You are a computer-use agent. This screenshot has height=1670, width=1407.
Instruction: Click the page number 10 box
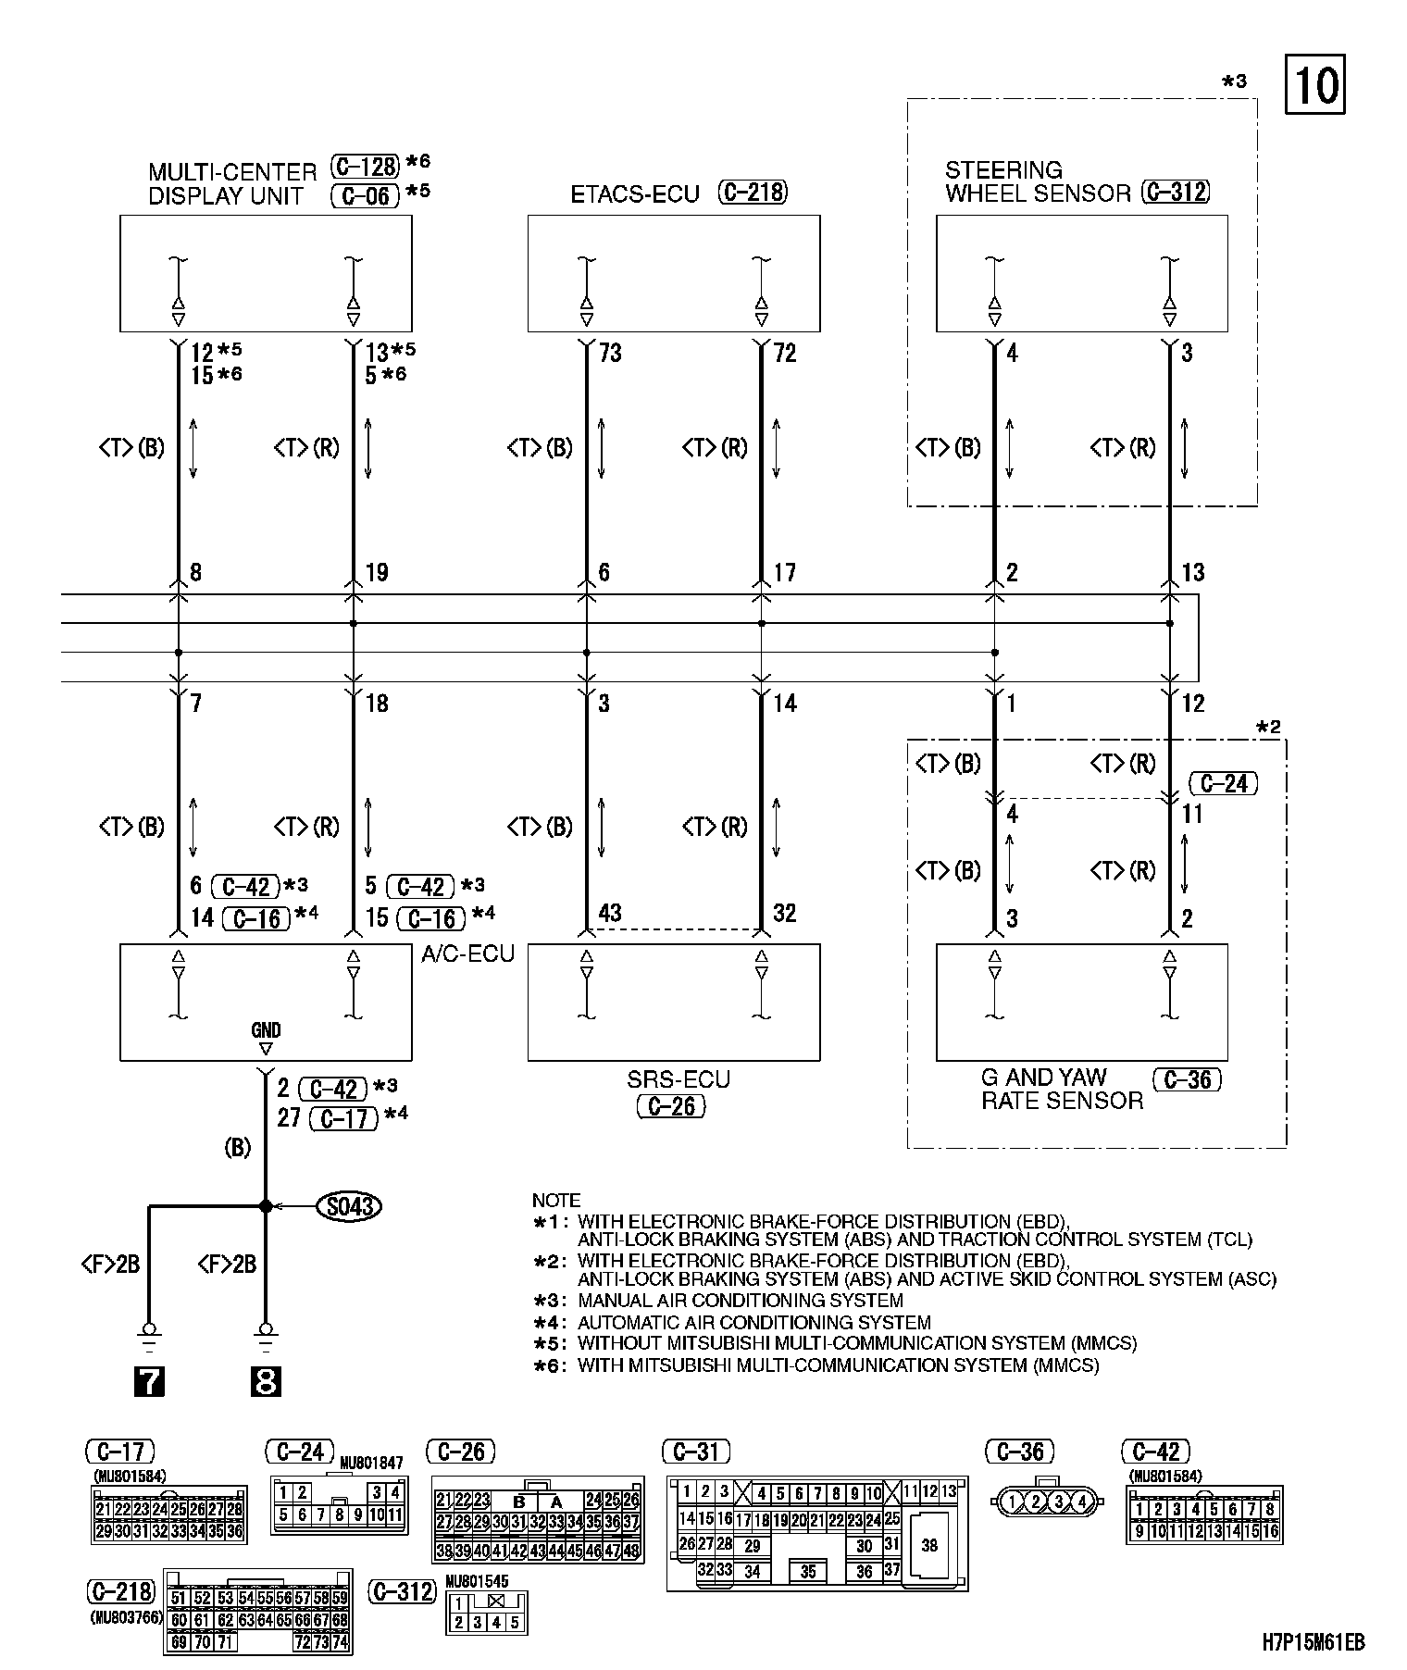(1314, 86)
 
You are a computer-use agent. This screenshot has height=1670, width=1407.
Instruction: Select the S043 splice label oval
(349, 1206)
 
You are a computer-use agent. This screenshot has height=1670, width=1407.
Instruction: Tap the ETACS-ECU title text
(635, 194)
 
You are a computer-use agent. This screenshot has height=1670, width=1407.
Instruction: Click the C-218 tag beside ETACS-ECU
(753, 193)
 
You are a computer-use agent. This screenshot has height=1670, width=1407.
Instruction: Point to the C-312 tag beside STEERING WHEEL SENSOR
(1176, 193)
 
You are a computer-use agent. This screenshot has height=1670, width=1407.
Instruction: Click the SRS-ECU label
(679, 1079)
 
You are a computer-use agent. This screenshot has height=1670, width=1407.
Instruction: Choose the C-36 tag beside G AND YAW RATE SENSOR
(1188, 1079)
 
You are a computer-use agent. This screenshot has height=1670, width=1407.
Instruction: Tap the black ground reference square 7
(149, 1382)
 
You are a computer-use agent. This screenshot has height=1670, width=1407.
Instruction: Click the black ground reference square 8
(266, 1382)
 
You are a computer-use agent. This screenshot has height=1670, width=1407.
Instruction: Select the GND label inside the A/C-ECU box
(266, 1030)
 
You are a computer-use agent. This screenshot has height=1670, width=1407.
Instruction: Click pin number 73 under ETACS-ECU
(610, 354)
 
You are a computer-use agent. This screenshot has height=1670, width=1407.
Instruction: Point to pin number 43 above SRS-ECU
(609, 913)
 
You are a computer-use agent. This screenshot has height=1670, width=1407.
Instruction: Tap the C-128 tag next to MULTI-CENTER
(366, 167)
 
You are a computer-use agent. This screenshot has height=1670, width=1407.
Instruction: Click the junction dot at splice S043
(266, 1206)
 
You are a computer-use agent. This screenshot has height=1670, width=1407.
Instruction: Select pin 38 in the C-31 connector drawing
(929, 1545)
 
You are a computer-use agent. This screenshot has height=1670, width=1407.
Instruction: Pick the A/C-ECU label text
(467, 954)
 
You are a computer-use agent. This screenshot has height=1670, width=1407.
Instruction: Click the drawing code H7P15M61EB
(1313, 1643)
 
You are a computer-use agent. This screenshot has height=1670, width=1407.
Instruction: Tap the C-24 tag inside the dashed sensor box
(1223, 784)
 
